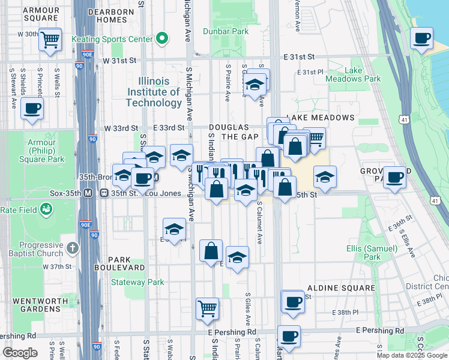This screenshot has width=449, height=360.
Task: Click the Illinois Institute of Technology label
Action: coord(154,92)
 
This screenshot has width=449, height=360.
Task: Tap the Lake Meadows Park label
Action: coord(353,74)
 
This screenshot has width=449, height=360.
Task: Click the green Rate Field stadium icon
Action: coord(46,209)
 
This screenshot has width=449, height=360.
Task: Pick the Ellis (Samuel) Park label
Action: coord(372,253)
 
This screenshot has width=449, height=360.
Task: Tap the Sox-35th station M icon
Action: coord(88,193)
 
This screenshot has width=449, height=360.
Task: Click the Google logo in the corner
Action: coord(20,353)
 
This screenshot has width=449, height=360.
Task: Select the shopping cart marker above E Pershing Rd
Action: coord(208,308)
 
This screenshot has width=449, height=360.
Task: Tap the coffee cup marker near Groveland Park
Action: coord(395,177)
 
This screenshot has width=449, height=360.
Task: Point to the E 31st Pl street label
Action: coord(310,73)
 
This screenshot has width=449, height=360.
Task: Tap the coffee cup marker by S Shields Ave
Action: coord(32,109)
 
